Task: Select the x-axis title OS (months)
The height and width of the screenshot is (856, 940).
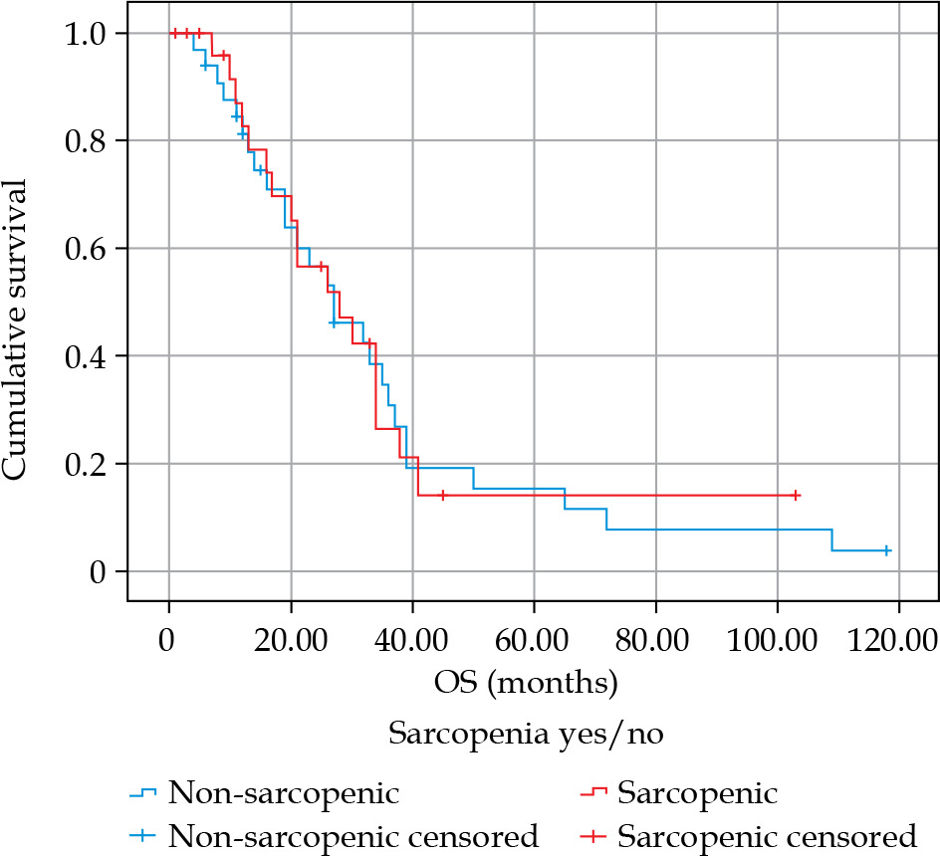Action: pyautogui.click(x=526, y=684)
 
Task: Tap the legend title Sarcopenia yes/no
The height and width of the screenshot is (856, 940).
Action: pyautogui.click(x=526, y=736)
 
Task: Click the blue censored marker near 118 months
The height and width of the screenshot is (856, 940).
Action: pyautogui.click(x=886, y=550)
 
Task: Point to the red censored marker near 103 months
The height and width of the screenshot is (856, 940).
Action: pyautogui.click(x=796, y=495)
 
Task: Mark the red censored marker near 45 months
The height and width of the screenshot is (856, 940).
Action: pyautogui.click(x=442, y=495)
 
